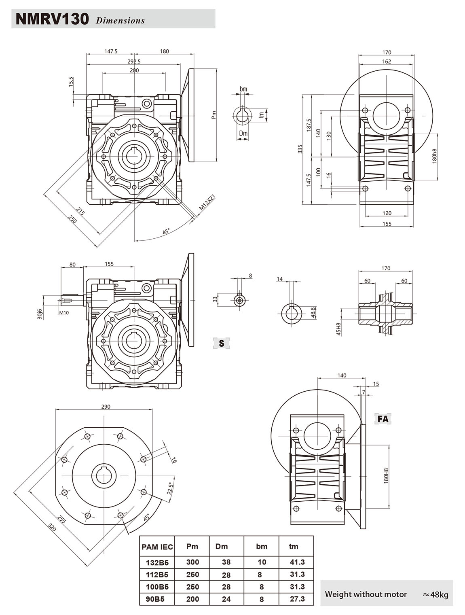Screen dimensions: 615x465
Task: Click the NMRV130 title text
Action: (x=52, y=19)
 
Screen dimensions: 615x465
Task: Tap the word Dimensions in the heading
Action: (x=120, y=21)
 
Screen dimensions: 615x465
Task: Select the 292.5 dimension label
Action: (x=133, y=61)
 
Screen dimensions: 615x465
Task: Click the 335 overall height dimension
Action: (x=300, y=150)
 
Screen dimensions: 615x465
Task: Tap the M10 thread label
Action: (x=64, y=312)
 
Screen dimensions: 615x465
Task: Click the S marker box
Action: (x=221, y=343)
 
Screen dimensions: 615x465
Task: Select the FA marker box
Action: (x=383, y=419)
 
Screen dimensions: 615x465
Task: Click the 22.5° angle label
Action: (x=170, y=488)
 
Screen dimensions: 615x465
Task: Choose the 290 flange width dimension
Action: (x=106, y=407)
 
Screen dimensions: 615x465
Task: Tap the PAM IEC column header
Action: (x=157, y=547)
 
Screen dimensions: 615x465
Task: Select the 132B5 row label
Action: (x=157, y=562)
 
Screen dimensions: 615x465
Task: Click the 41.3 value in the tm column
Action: (x=297, y=562)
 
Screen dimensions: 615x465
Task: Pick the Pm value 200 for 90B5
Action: (x=192, y=599)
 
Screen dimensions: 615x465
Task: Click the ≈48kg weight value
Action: (x=435, y=594)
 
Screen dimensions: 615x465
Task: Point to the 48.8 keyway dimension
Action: (x=313, y=312)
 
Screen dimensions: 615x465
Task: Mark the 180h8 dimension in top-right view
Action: (x=435, y=156)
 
